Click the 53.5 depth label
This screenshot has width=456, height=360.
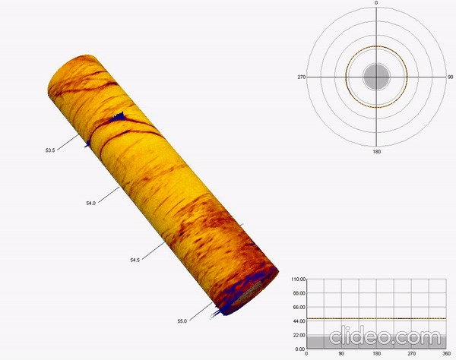coord(50,150)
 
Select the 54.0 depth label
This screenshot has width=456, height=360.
coord(90,203)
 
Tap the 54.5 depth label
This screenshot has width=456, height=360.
coord(135,260)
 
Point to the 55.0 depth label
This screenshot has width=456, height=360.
coord(182,321)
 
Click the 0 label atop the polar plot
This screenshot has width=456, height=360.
coord(376,3)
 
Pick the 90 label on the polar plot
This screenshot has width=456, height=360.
coord(450,77)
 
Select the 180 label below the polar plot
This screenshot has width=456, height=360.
coord(377,151)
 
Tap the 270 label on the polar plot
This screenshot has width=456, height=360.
coord(302,77)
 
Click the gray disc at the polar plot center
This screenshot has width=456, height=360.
coord(376,77)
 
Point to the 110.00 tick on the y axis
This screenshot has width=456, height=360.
coord(299,279)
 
